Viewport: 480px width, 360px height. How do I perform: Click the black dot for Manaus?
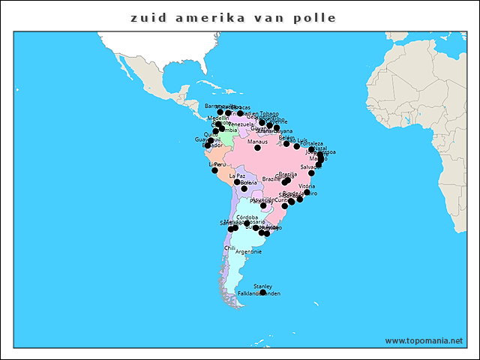click(x=257, y=148)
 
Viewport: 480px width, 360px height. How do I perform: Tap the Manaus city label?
click(x=257, y=141)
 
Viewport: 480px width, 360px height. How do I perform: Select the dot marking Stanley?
click(x=262, y=292)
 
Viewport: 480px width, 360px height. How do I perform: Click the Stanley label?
click(x=262, y=286)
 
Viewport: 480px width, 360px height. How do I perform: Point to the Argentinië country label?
click(x=248, y=252)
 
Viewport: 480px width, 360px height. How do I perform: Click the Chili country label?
click(x=229, y=247)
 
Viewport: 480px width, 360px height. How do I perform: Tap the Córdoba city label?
click(x=247, y=217)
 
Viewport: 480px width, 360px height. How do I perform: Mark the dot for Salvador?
click(x=311, y=173)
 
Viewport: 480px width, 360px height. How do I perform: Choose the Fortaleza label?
click(x=312, y=143)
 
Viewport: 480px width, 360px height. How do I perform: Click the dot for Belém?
click(x=286, y=143)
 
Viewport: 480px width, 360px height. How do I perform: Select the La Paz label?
click(x=237, y=176)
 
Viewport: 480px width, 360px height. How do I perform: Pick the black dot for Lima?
click(x=214, y=170)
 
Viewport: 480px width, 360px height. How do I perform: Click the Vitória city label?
click(x=307, y=186)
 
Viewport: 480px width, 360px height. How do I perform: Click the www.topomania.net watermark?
click(x=424, y=340)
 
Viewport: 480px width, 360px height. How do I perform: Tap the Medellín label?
click(x=217, y=118)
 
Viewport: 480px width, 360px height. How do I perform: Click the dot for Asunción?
click(x=263, y=205)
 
